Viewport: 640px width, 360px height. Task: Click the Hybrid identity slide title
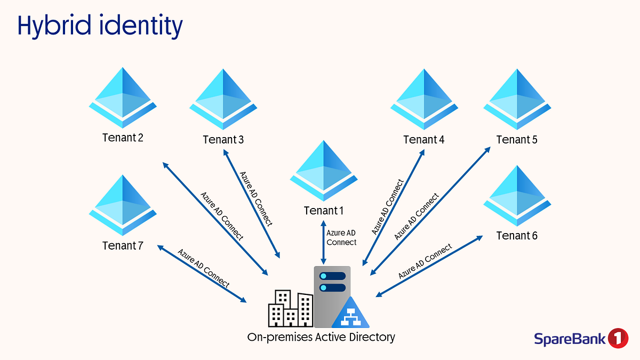pos(100,26)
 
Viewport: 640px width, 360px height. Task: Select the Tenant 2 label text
pos(123,138)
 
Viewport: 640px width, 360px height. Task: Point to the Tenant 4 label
pos(423,140)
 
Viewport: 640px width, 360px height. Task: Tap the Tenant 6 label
pos(516,236)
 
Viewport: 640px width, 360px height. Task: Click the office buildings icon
pos(290,309)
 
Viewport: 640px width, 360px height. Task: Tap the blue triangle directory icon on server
pos(350,314)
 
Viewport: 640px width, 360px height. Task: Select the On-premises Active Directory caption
pos(321,337)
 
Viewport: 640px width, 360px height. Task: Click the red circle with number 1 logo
pos(618,338)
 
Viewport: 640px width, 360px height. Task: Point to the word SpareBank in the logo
pos(570,339)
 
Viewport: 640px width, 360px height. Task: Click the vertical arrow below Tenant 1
pos(323,241)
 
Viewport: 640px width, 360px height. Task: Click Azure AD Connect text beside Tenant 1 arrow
pos(341,237)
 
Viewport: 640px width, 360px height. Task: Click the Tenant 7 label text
pos(123,246)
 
